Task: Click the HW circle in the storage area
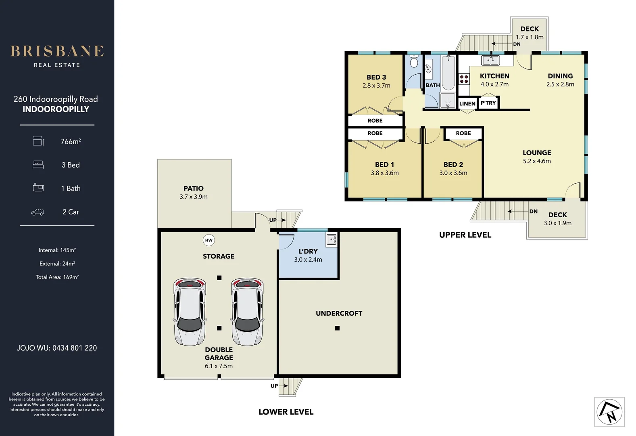(209, 240)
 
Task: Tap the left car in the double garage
(190, 312)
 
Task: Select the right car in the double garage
(247, 312)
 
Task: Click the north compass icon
(609, 412)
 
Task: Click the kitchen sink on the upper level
(490, 61)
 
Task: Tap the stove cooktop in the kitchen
(464, 79)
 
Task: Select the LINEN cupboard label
(467, 104)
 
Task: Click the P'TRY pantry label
(488, 103)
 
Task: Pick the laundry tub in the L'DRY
(332, 239)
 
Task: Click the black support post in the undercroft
(337, 328)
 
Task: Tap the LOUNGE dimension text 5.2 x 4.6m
(537, 161)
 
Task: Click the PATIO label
(194, 189)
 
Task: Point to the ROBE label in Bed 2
(463, 133)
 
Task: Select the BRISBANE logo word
(57, 51)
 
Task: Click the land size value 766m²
(71, 142)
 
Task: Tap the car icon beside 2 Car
(38, 212)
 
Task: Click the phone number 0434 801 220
(75, 348)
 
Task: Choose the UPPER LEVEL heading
(465, 235)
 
